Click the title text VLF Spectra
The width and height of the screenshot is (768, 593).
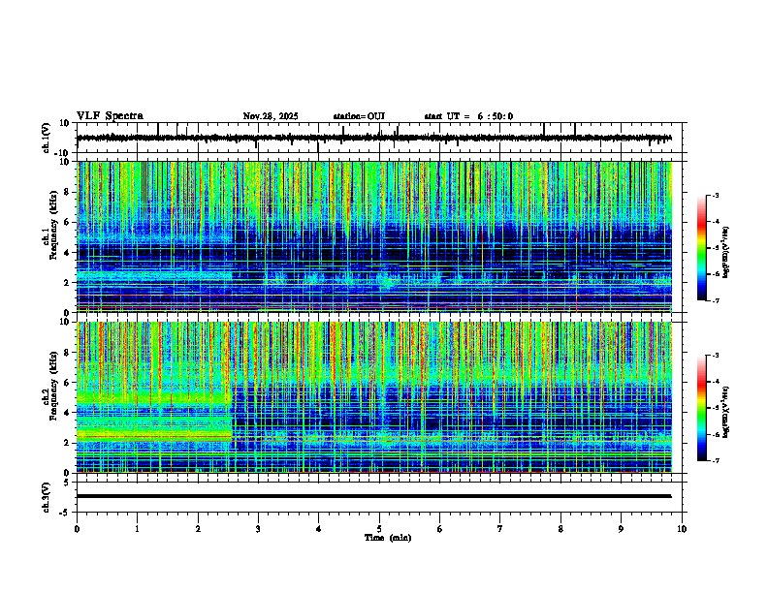tap(110, 116)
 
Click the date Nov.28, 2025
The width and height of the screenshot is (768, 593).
tap(270, 116)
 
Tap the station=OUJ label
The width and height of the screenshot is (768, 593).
tap(359, 116)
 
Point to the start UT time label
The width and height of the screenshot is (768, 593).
tap(468, 116)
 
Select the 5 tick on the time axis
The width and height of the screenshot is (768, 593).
tap(379, 529)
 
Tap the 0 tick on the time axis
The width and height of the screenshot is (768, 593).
tap(77, 529)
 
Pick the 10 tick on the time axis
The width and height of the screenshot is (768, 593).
tap(682, 529)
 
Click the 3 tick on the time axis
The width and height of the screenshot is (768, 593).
tap(258, 529)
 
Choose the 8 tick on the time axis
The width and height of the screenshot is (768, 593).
tap(560, 529)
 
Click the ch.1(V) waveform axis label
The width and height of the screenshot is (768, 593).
tap(47, 139)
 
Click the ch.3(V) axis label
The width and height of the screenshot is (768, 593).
tap(47, 496)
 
